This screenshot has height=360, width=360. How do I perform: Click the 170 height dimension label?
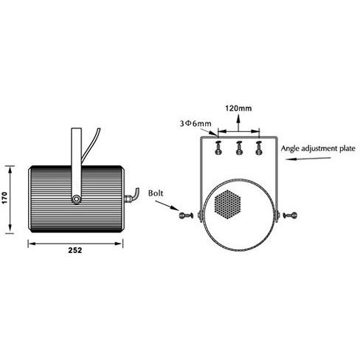[x=5, y=198]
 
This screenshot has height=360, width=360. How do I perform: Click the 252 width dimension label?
[x=75, y=250]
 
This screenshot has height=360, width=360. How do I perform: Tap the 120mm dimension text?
[x=238, y=108]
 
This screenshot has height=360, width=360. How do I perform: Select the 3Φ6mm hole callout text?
[x=195, y=123]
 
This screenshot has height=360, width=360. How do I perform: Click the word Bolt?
[x=156, y=193]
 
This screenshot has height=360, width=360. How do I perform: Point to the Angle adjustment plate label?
[x=318, y=149]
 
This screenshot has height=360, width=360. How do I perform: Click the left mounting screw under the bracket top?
[x=218, y=148]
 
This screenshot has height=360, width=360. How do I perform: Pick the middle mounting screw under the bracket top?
[x=239, y=148]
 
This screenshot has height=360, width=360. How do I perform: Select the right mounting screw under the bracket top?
[x=258, y=148]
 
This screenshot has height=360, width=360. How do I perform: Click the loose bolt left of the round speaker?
[x=186, y=215]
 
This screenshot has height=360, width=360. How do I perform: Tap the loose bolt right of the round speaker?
[x=290, y=215]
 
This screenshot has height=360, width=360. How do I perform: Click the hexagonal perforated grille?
[x=227, y=204]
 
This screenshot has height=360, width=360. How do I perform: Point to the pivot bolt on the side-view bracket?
[x=76, y=199]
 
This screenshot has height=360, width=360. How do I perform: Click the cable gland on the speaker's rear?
[x=128, y=198]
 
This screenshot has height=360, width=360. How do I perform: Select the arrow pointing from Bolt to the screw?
[x=167, y=206]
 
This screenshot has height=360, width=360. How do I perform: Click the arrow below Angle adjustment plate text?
[x=308, y=159]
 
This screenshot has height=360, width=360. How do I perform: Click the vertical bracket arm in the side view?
[x=76, y=163]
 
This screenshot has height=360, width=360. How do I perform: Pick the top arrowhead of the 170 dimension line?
[x=10, y=170]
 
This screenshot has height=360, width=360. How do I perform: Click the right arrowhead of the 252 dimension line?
[x=119, y=243]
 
